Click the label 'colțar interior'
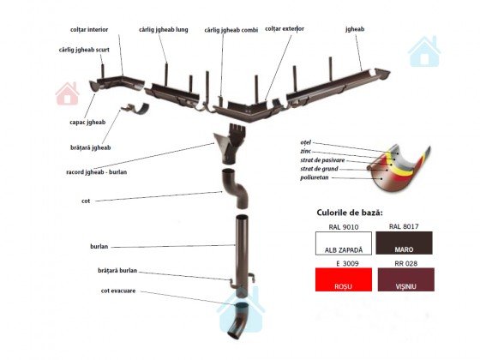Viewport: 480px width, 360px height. [x=89, y=30]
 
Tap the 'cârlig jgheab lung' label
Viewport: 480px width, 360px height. [x=164, y=30]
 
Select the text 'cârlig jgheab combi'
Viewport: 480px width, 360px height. [x=231, y=30]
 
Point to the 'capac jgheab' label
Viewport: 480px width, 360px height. [x=87, y=123]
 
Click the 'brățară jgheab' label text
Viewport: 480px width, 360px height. [x=91, y=147]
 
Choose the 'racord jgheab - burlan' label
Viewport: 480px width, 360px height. [x=96, y=172]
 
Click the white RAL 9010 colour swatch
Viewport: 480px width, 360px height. [x=344, y=243]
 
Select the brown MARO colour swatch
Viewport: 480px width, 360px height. [x=404, y=243]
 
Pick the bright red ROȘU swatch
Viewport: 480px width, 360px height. [x=344, y=279]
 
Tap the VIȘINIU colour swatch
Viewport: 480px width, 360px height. [x=406, y=279]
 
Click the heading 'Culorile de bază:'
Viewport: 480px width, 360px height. [x=350, y=213]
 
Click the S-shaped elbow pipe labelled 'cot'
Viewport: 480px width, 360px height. [x=235, y=188]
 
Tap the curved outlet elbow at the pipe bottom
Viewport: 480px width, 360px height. [x=238, y=320]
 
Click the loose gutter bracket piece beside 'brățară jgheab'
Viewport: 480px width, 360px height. [x=135, y=109]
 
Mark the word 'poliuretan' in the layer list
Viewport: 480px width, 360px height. [x=314, y=177]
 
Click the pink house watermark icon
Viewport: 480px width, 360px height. [x=68, y=93]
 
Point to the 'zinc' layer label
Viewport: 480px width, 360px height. [x=305, y=151]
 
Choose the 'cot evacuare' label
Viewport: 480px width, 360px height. [x=118, y=291]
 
